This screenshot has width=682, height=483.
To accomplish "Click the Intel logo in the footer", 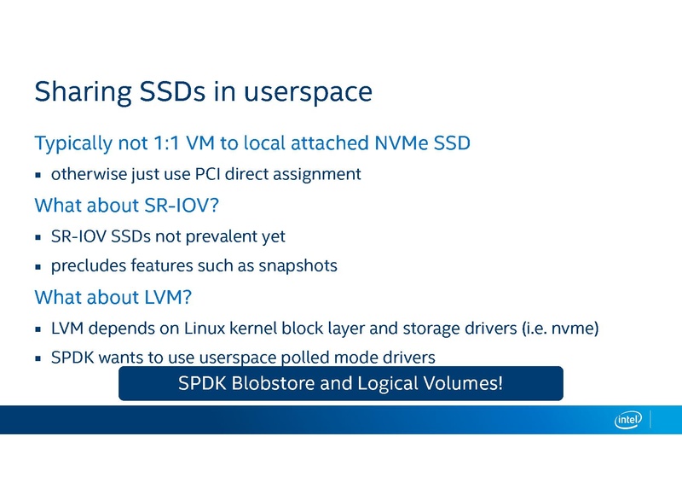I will (x=627, y=419).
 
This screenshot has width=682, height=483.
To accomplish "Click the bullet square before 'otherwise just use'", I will (x=38, y=175).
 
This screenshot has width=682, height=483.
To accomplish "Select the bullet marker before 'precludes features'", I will (x=38, y=266).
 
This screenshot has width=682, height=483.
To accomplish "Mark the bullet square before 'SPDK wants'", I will (x=38, y=358).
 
